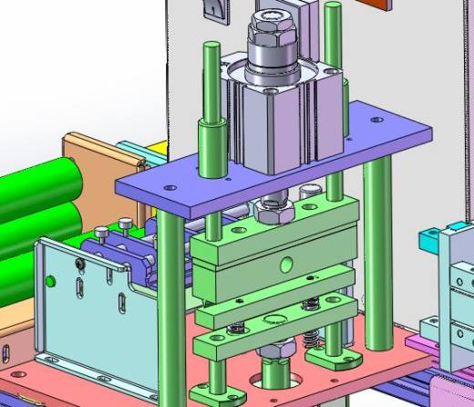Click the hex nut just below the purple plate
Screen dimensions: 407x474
[273, 213]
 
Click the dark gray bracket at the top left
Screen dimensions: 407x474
[213, 8]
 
